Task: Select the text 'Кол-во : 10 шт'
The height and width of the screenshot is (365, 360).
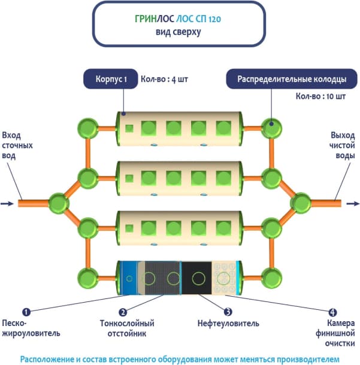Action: click(322, 96)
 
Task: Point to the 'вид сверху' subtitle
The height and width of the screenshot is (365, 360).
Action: click(179, 32)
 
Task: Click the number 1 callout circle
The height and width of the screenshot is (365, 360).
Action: click(26, 312)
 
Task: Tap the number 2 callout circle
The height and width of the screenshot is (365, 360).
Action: click(122, 312)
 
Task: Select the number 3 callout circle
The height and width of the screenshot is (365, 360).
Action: click(228, 312)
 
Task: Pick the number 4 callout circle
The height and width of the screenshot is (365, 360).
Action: click(332, 312)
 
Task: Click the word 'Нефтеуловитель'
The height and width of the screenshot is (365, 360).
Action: click(228, 324)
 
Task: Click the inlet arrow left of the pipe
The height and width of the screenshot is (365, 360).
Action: click(7, 204)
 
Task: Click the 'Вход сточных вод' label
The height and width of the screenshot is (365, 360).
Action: click(17, 145)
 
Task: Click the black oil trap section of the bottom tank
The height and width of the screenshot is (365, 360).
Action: click(196, 277)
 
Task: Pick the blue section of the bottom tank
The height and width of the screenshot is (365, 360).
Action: click(128, 277)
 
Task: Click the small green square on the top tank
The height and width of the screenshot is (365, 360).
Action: click(128, 128)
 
